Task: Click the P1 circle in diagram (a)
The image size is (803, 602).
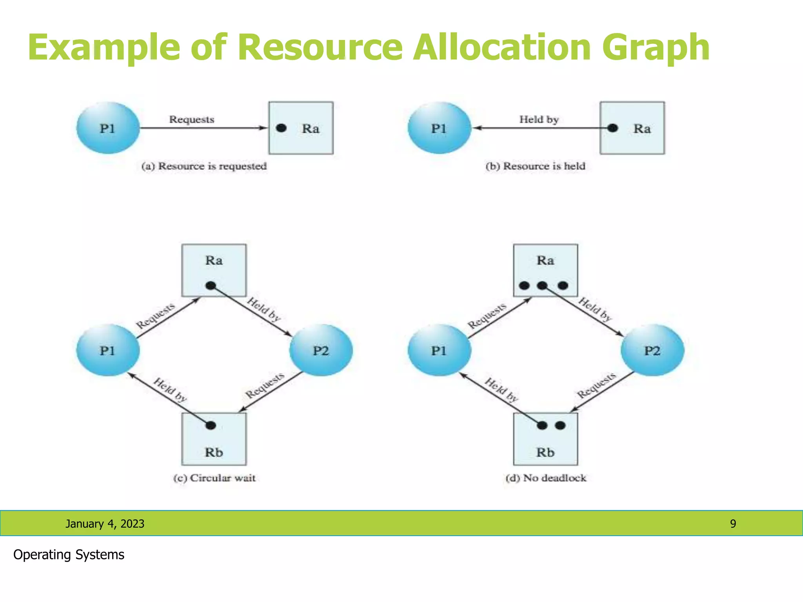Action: pyautogui.click(x=108, y=128)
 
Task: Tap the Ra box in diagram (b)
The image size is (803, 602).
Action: pyautogui.click(x=632, y=128)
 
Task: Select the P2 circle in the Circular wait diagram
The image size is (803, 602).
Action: pyautogui.click(x=321, y=350)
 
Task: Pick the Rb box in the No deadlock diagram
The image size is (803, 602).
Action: pyautogui.click(x=545, y=439)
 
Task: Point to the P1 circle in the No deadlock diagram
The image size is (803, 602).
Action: pyautogui.click(x=439, y=350)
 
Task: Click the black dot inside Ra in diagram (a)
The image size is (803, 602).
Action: pyautogui.click(x=281, y=128)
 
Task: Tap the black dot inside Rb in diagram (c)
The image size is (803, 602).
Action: pyautogui.click(x=211, y=425)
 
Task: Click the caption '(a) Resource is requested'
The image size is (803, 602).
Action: pyautogui.click(x=204, y=166)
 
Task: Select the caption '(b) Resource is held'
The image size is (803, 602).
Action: pyautogui.click(x=535, y=166)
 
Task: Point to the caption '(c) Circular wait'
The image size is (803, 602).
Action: pyautogui.click(x=214, y=478)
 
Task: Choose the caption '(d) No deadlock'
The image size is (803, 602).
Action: pyautogui.click(x=546, y=478)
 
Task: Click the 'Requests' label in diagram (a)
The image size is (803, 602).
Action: pyautogui.click(x=192, y=119)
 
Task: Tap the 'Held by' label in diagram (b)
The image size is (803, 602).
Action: pyautogui.click(x=539, y=119)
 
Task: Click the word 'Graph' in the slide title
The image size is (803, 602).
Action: pyautogui.click(x=656, y=48)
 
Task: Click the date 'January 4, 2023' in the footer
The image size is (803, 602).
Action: pyautogui.click(x=105, y=524)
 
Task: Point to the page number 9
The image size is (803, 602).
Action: pyautogui.click(x=733, y=524)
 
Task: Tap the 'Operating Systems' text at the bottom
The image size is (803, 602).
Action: pyautogui.click(x=69, y=555)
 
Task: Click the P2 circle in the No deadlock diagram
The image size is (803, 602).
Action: pyautogui.click(x=652, y=350)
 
